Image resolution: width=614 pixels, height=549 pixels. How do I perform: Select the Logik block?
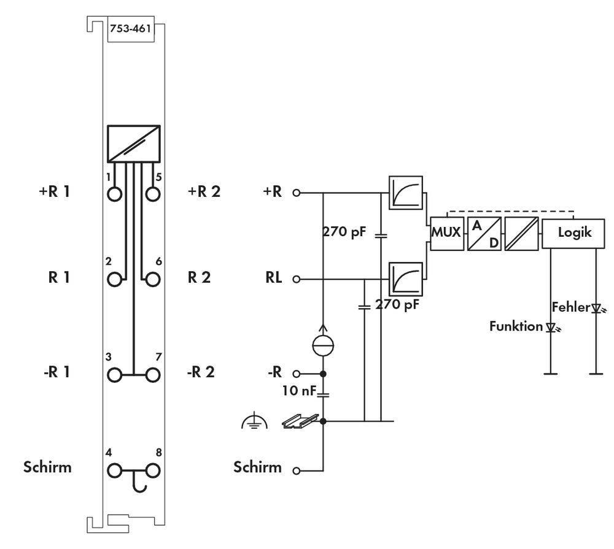[x=575, y=234]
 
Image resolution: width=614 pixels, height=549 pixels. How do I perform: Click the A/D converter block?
[x=484, y=234]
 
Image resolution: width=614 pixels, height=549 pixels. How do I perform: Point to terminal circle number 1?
[x=114, y=194]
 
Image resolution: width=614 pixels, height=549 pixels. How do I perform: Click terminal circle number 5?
[x=153, y=194]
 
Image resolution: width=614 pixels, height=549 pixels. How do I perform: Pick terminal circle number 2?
[x=114, y=280]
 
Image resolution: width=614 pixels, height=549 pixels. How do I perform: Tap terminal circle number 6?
[x=153, y=280]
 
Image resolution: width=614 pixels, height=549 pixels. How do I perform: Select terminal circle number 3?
[x=114, y=374]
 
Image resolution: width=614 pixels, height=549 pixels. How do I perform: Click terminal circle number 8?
[x=153, y=471]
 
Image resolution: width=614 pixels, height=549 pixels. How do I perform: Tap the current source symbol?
[x=324, y=345]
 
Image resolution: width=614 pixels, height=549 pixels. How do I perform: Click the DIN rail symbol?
[x=301, y=420]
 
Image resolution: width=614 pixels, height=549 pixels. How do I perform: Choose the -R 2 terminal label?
[x=200, y=372]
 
